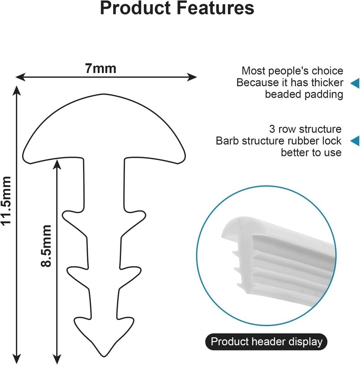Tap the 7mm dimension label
(100, 69)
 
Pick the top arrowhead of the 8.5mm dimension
(57, 162)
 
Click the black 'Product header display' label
(266, 341)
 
